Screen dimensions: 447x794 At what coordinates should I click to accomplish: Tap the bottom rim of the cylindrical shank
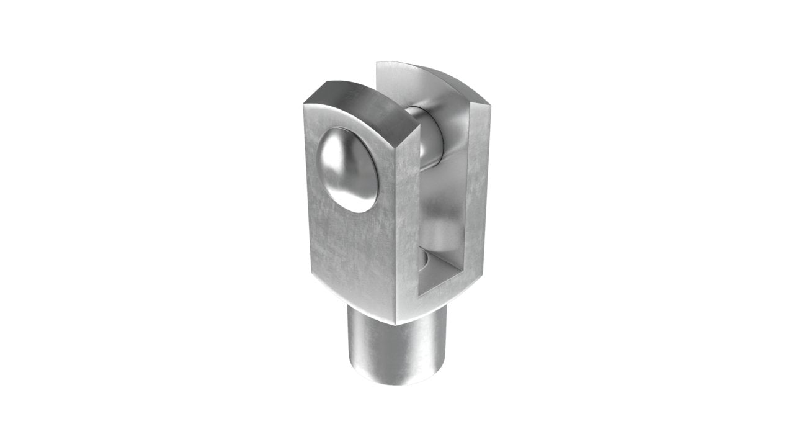point(397,379)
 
